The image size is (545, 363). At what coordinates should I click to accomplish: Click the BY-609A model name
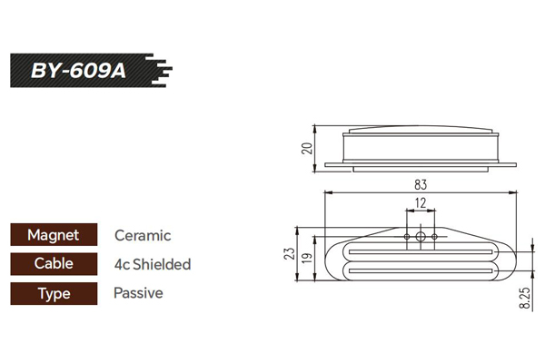[x=78, y=71]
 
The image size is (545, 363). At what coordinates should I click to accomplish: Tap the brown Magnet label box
[x=54, y=235]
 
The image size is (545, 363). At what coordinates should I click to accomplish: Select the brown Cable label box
[x=54, y=264]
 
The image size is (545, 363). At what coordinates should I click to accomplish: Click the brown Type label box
[x=54, y=293]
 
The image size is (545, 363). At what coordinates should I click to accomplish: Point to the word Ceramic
[x=143, y=236]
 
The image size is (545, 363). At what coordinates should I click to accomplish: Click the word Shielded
[x=162, y=264]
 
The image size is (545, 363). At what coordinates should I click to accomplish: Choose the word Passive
[x=138, y=293]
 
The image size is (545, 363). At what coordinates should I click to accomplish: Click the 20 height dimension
[x=307, y=148]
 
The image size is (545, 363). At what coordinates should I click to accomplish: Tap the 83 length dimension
[x=421, y=184]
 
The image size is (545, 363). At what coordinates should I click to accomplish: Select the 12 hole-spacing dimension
[x=421, y=203]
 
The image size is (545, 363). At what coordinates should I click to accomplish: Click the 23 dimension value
[x=289, y=253]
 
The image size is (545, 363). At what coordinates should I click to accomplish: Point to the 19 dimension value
[x=307, y=258]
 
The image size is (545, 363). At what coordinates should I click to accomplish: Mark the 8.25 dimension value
[x=525, y=298]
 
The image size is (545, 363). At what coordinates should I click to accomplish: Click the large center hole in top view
[x=421, y=237]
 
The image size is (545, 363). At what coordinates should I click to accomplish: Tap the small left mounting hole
[x=407, y=237]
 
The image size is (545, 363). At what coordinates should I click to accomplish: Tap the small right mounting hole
[x=434, y=237]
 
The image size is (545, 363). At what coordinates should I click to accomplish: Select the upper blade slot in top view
[x=421, y=252]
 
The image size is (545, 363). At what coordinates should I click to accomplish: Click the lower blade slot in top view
[x=421, y=270]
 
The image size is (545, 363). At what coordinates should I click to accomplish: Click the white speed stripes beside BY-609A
[x=159, y=71]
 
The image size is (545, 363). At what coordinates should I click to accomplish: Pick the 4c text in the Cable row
[x=123, y=265]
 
